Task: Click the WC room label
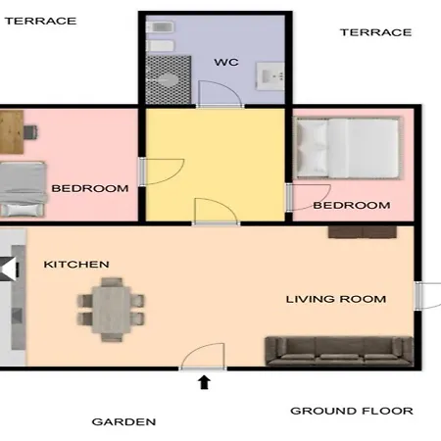pyautogui.click(x=226, y=62)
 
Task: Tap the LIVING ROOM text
pyautogui.click(x=336, y=299)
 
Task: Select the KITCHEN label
pyautogui.click(x=76, y=265)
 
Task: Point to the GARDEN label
pyautogui.click(x=123, y=421)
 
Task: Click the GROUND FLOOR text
pyautogui.click(x=352, y=411)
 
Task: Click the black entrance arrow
pyautogui.click(x=204, y=382)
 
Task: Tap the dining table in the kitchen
pyautogui.click(x=112, y=310)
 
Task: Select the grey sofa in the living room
pyautogui.click(x=339, y=351)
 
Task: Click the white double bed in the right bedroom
pyautogui.click(x=348, y=148)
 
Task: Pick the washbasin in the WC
pyautogui.click(x=270, y=76)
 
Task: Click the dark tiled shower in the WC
pyautogui.click(x=169, y=80)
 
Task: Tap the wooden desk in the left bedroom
pyautogui.click(x=12, y=132)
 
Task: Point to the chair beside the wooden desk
pyautogui.click(x=30, y=132)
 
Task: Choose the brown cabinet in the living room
pyautogui.click(x=363, y=232)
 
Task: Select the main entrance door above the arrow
pyautogui.click(x=203, y=356)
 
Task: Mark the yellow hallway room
pyautogui.click(x=215, y=165)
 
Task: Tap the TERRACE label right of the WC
pyautogui.click(x=375, y=32)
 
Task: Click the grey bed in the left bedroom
pyautogui.click(x=23, y=189)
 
